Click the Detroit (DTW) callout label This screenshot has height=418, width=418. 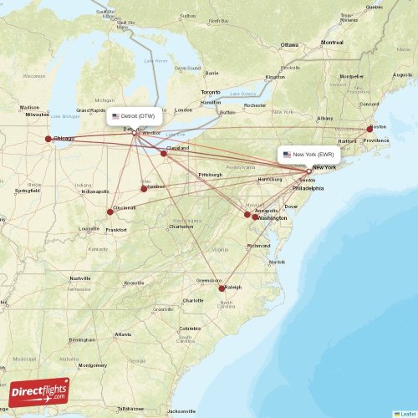[x=134, y=116]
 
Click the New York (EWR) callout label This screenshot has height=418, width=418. [x=308, y=155]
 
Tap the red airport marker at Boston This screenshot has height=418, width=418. [x=370, y=129]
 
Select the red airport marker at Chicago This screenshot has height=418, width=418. [x=48, y=140]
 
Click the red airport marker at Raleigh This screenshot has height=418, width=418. [x=222, y=288]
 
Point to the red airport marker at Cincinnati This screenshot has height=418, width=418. [x=110, y=212]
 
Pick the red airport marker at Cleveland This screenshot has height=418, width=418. [x=165, y=153]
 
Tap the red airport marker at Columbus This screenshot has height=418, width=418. [x=144, y=188]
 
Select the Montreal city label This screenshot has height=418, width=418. [x=332, y=42]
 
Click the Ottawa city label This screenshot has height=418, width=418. [x=289, y=44]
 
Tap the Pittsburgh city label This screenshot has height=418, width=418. [x=210, y=174]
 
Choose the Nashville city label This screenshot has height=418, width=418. [x=80, y=278]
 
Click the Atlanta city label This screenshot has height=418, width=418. [x=123, y=334]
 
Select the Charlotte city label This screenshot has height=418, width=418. [x=193, y=300]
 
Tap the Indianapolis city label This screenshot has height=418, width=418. [x=94, y=191]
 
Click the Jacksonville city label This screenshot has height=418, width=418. [x=181, y=411]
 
